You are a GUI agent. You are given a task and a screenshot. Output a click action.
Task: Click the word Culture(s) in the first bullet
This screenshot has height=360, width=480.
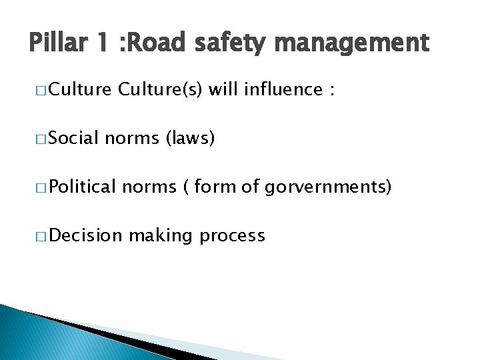click(x=160, y=90)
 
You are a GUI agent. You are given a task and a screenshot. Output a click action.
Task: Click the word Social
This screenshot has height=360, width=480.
click(x=73, y=139)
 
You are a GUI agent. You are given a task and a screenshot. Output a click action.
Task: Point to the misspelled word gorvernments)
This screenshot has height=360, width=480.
click(x=327, y=188)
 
